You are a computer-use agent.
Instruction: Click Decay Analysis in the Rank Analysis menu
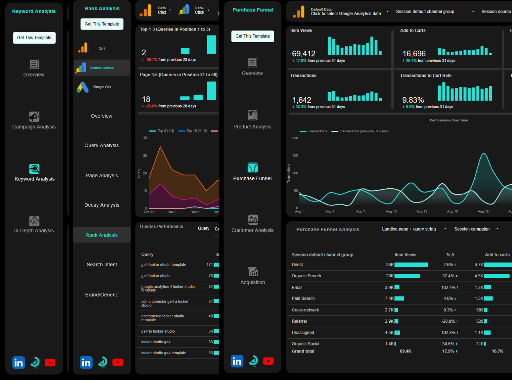click(101, 205)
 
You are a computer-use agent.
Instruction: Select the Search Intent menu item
click(101, 265)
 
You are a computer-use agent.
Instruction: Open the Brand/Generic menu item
click(101, 295)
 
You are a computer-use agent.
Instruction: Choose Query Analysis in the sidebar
click(101, 145)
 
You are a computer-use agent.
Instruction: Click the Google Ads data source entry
click(102, 87)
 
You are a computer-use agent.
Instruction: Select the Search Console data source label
click(102, 68)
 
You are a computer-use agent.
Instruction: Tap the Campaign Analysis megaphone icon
click(34, 117)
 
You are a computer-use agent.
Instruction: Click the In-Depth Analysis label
click(34, 231)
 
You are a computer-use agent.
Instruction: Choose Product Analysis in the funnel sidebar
click(252, 127)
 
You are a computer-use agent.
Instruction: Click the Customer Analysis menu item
click(252, 230)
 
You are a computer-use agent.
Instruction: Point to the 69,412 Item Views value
click(303, 54)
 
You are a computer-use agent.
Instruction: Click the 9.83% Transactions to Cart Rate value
click(413, 100)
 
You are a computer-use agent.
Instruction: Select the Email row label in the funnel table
click(297, 288)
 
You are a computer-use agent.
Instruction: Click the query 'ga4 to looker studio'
click(158, 331)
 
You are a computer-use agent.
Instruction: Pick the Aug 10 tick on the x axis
click(391, 211)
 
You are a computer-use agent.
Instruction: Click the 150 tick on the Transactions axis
click(295, 156)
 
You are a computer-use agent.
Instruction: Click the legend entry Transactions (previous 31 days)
click(363, 131)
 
